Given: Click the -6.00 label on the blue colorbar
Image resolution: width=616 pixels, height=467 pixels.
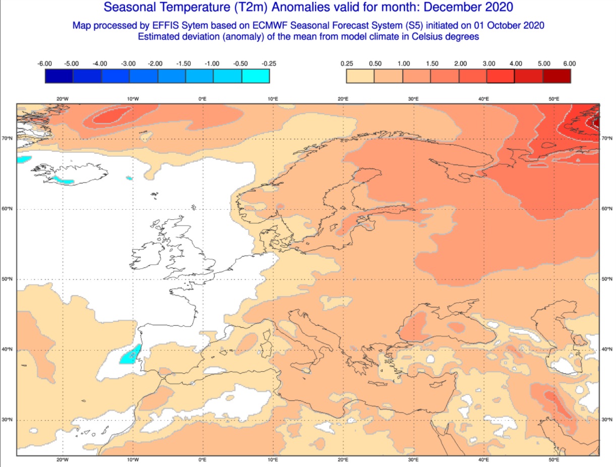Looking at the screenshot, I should click(44, 64).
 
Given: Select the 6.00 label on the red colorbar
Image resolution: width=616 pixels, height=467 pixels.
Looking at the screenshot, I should click(569, 64).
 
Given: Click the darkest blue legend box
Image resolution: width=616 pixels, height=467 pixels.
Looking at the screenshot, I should click(59, 76).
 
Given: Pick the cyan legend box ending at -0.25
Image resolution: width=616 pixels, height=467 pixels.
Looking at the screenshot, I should click(255, 76).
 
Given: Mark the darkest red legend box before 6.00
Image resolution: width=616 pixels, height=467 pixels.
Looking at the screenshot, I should click(557, 76).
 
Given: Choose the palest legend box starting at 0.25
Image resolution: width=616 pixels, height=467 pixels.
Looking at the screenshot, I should click(360, 76).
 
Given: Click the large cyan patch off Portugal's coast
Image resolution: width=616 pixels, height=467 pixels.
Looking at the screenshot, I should click(130, 354).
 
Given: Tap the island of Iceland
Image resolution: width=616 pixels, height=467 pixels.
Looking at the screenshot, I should click(71, 174).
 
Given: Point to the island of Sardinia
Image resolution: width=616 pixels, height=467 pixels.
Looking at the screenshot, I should click(266, 348).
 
